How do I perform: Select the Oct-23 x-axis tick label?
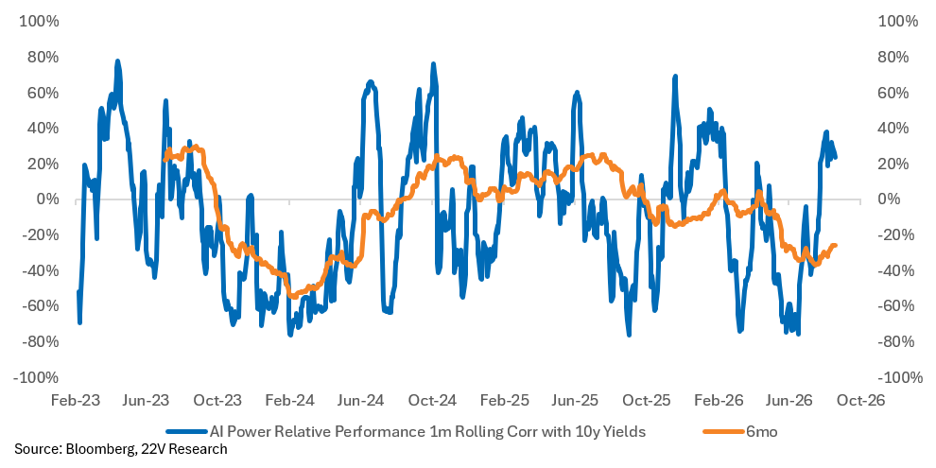pos(218,400)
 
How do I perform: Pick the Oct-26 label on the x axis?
pos(859,400)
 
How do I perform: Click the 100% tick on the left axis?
pos(40,22)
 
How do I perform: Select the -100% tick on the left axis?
pos(37,378)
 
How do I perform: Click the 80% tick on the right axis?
pos(893,58)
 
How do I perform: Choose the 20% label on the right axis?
pos(893,165)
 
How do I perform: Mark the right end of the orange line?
pos(835,245)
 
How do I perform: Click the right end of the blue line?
pos(835,157)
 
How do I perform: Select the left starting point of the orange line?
pos(165,159)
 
